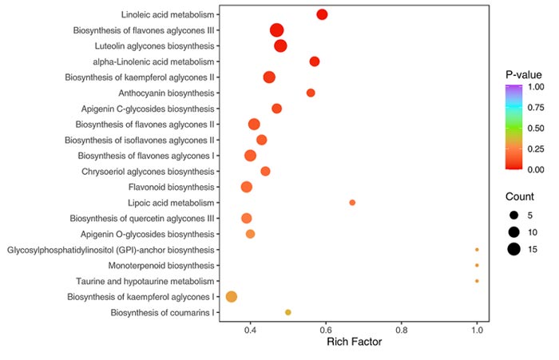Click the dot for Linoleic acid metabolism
322,14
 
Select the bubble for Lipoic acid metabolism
352,203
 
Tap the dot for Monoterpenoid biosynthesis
477,265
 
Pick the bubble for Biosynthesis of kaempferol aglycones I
232,296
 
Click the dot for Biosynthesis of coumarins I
288,312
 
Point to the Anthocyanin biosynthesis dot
311,93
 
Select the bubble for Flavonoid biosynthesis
247,187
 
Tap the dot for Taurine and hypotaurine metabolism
477,281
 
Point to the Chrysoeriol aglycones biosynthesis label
149,171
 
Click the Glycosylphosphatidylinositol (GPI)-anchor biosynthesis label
111,250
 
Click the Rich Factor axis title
355,343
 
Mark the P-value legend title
524,75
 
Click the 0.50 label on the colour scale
533,128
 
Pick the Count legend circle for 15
513,249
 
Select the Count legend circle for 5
513,215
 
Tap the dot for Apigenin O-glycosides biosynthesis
250,234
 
